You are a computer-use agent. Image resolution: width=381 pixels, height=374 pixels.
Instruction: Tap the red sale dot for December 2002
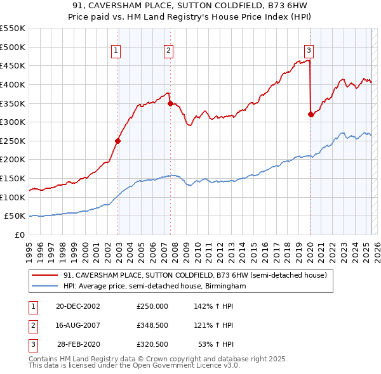tap(118, 141)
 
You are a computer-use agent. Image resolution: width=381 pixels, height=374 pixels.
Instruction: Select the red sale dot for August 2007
tap(170, 103)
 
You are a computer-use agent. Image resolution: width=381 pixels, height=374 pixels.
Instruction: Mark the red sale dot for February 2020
tap(311, 114)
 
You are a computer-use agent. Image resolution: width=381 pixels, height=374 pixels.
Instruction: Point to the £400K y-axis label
tap(13, 84)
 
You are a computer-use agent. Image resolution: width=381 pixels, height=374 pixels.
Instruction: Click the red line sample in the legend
tap(45, 276)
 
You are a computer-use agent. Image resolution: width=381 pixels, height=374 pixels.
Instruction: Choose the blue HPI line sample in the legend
tap(45, 287)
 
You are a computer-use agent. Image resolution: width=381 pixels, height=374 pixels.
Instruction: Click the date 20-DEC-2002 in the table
tap(77, 306)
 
